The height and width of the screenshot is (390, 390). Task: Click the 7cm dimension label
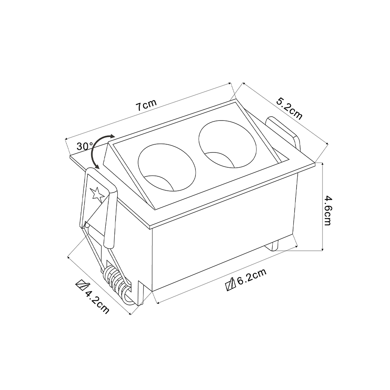tap(146, 105)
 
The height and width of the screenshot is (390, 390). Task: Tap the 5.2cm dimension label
tap(289, 109)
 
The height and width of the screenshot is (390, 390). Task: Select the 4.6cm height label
tap(328, 211)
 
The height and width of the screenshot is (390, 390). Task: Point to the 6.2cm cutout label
tap(252, 277)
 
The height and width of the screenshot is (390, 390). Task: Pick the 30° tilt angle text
tap(85, 146)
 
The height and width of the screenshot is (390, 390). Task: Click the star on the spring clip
tap(97, 194)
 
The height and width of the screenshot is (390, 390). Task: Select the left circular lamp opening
tap(167, 167)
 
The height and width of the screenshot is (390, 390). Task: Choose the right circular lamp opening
tap(227, 146)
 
